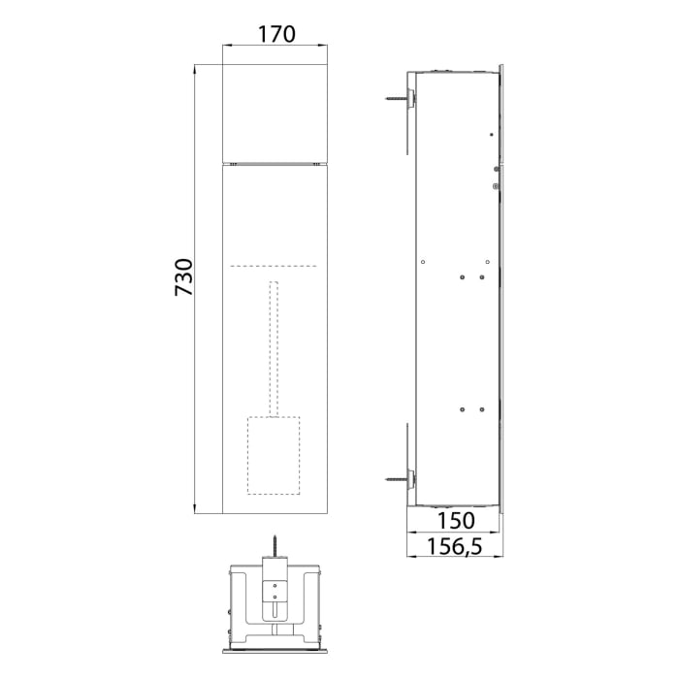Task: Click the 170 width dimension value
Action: pyautogui.click(x=275, y=34)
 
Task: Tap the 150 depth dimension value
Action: pyautogui.click(x=452, y=520)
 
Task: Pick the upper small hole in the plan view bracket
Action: pyautogui.click(x=275, y=585)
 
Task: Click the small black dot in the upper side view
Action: pyautogui.click(x=492, y=133)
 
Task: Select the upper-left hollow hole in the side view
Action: pyautogui.click(x=425, y=259)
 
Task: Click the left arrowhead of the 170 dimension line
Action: pyautogui.click(x=226, y=46)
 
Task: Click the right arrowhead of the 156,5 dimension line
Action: pyautogui.click(x=501, y=560)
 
